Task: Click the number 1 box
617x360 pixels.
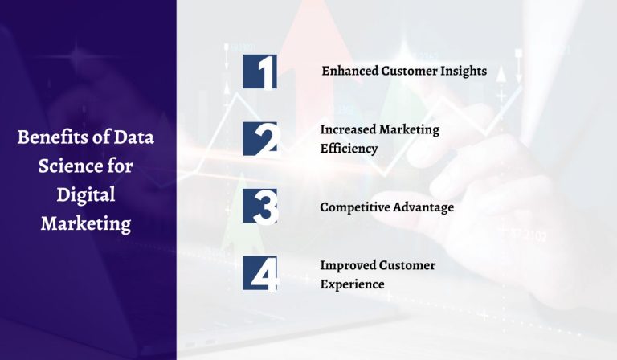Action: [259, 72]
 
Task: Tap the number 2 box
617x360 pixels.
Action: [259, 138]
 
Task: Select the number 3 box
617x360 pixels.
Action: [259, 207]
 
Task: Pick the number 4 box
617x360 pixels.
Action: [259, 274]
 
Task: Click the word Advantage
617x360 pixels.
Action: [424, 207]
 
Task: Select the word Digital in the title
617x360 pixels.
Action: [86, 194]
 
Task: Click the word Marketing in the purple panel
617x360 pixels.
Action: [86, 223]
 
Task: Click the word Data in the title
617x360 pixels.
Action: [133, 137]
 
